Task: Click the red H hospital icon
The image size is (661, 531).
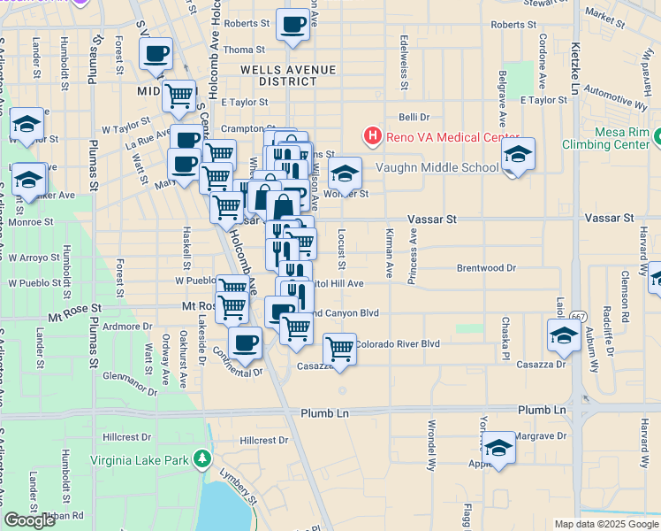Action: (372, 137)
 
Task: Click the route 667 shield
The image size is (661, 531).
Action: (578, 316)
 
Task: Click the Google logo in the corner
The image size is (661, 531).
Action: (30, 520)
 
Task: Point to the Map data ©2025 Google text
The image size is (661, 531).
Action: (606, 524)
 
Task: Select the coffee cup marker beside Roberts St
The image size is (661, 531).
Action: (293, 25)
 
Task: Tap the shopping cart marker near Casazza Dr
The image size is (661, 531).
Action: (339, 350)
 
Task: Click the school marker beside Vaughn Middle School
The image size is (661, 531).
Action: (518, 155)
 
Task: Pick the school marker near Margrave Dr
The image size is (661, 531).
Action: (498, 448)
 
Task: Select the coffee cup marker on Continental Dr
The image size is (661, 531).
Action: (245, 342)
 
